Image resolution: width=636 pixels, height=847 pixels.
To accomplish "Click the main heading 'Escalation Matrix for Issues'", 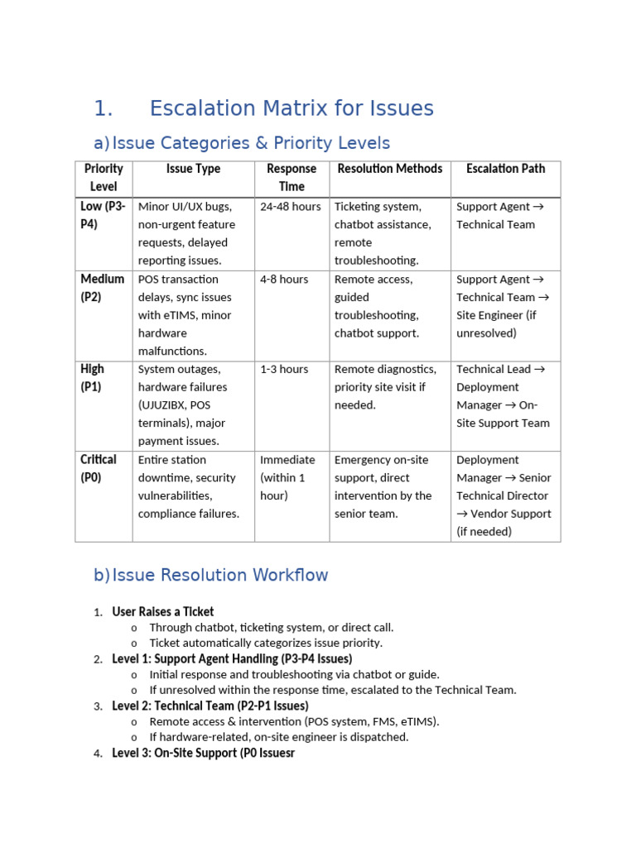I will (291, 108).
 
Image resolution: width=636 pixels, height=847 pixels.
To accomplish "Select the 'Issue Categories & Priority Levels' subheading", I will (251, 143).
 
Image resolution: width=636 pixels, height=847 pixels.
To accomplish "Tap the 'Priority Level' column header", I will (104, 178).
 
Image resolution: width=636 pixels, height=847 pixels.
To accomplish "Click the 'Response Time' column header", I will (291, 178).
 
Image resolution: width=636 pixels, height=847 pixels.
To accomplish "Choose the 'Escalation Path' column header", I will (505, 169).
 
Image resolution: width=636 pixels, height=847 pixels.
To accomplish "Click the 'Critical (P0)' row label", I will (99, 468).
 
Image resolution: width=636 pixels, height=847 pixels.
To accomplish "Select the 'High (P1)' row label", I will (92, 378).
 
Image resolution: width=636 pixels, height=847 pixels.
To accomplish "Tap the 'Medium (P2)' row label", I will (103, 288).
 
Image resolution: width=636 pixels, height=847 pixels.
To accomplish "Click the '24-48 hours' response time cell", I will (290, 207).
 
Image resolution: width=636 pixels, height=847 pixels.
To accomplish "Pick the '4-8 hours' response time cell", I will (282, 280).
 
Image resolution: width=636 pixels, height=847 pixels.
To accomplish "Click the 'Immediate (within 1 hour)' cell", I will (287, 477).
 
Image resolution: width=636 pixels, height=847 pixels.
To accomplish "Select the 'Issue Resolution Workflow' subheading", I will (220, 575).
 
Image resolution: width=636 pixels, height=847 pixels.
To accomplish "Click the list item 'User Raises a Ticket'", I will (162, 612).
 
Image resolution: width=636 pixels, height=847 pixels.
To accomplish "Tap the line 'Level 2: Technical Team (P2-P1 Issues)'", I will (210, 706).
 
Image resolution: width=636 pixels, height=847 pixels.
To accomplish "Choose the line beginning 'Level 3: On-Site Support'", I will (203, 754).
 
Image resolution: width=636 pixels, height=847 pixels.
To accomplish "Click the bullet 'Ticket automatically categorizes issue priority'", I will (266, 643).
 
